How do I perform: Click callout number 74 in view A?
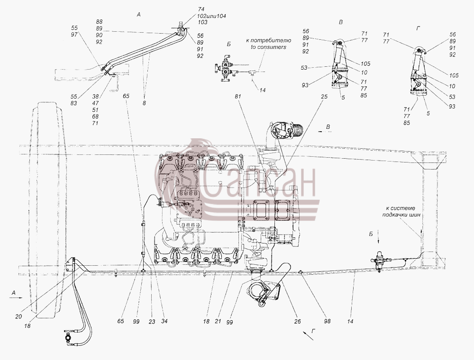pos(201,9)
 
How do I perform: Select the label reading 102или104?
pos(212,16)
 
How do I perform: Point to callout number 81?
pos(239,96)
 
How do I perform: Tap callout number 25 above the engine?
pos(324,97)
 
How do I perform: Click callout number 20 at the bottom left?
pos(18,316)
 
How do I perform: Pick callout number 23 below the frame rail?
pos(152,322)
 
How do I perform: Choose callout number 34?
pos(164,321)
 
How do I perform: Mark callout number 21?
pos(218,322)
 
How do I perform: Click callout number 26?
pos(298,322)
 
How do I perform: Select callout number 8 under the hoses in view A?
pos(144,103)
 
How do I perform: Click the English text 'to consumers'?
pos(268,47)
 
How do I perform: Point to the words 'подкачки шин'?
pos(401,215)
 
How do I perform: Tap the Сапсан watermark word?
pos(260,182)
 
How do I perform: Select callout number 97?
pos(74,35)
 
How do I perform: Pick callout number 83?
pos(74,103)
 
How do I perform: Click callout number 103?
pos(203,22)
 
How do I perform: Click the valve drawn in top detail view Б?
pos(225,68)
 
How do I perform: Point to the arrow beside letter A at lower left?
pos(16,298)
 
